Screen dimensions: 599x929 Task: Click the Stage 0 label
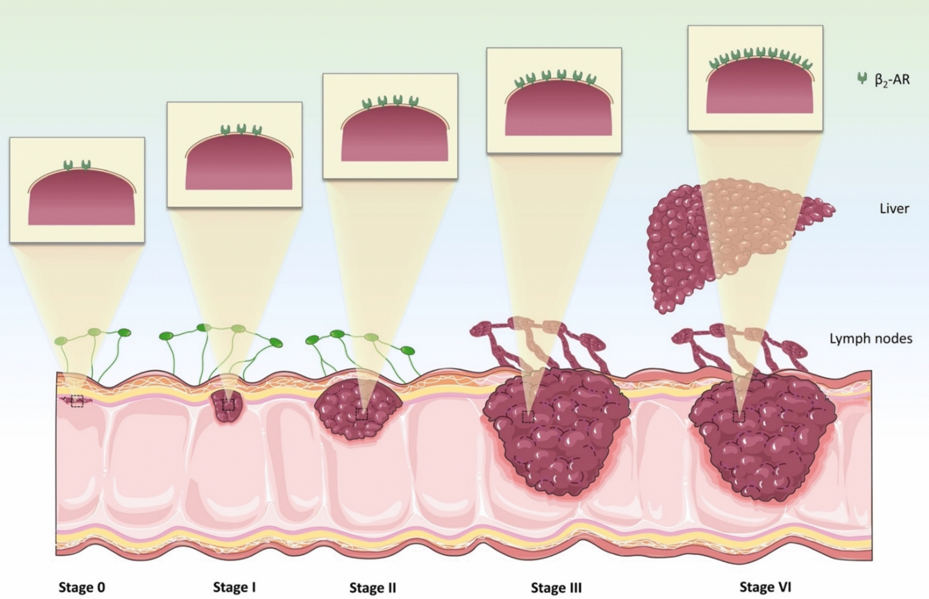82,587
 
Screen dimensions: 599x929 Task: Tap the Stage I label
234,587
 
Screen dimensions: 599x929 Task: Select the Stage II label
373,588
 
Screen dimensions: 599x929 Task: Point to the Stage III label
556,588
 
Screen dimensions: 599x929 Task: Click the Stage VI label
766,587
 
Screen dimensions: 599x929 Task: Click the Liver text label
894,209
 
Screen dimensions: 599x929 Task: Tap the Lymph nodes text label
871,339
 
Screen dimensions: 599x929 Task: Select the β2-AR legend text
892,80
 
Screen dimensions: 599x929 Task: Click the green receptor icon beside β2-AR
862,78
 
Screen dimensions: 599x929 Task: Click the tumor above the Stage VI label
762,439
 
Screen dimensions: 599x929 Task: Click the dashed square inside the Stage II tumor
362,414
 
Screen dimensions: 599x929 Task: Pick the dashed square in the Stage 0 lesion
77,401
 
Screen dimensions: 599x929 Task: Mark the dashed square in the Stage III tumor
528,416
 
